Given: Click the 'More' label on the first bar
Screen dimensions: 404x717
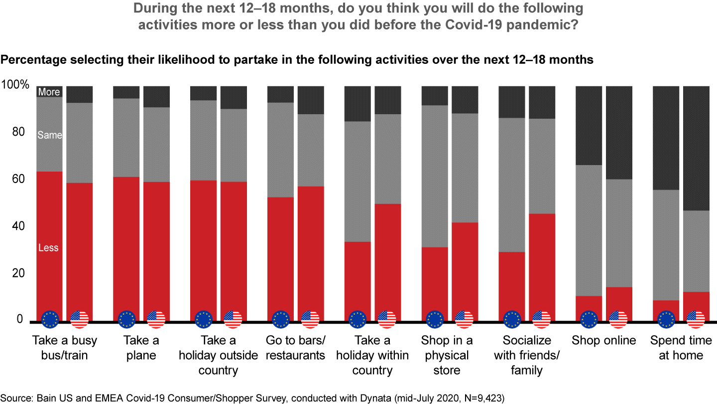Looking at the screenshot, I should (x=49, y=92).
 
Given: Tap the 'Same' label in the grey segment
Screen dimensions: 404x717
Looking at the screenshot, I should (x=50, y=135).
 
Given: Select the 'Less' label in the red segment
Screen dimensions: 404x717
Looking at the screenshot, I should (x=48, y=248).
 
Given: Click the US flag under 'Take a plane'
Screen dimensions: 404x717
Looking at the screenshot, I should (x=156, y=319).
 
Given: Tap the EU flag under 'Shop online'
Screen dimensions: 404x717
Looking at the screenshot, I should (x=589, y=319).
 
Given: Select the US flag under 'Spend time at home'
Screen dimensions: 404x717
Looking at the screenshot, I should (x=696, y=319).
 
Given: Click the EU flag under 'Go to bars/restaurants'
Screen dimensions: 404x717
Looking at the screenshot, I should (x=281, y=319).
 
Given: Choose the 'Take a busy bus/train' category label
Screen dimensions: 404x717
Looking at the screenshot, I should (x=65, y=348).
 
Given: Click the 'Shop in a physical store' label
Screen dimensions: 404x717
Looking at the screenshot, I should (x=447, y=356).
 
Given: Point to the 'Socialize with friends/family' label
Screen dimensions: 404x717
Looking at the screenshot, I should (x=527, y=356).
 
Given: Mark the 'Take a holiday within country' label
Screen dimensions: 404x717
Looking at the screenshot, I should (x=372, y=356).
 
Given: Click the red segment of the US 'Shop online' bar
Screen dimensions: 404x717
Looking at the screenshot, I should (x=619, y=299).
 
